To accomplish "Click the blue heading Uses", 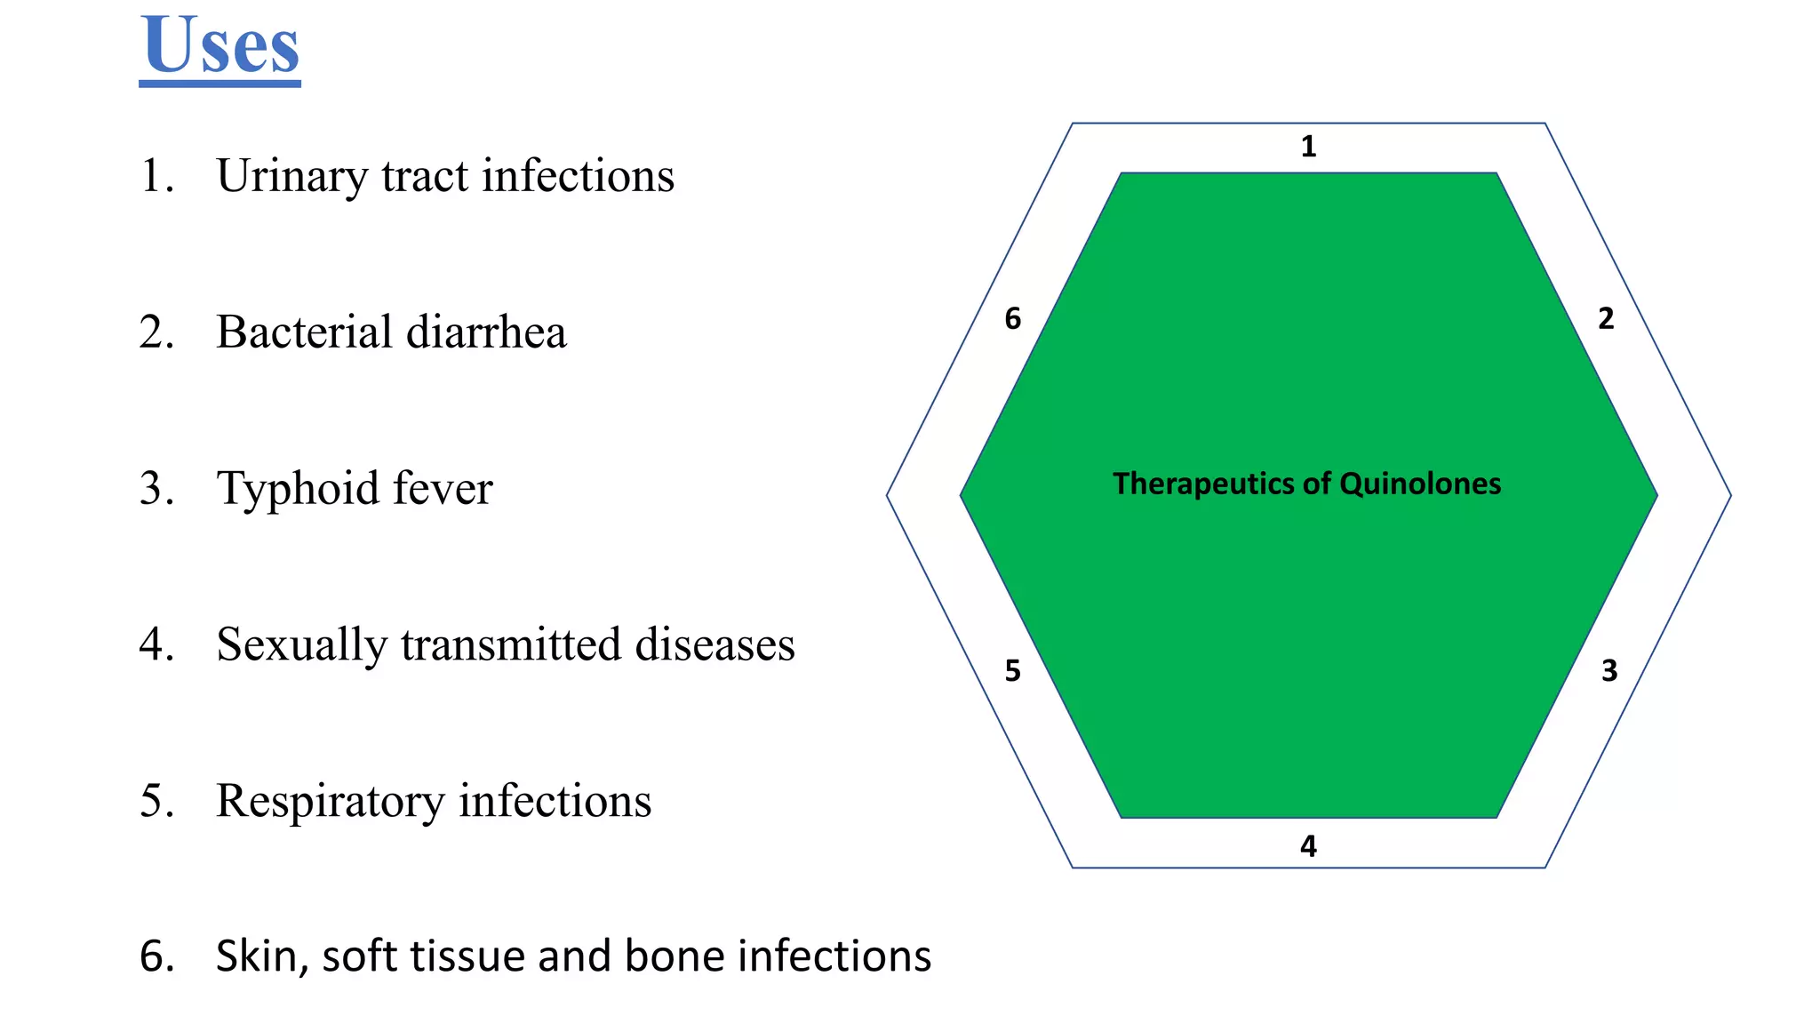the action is pos(220,46).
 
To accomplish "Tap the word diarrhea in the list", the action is pos(485,332).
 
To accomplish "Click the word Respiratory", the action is pos(330,801).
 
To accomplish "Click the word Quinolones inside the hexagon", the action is pos(1419,484).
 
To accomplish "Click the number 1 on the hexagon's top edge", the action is pos(1308,147).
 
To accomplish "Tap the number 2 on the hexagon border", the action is pos(1605,318).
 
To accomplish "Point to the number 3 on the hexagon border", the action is pos(1608,670).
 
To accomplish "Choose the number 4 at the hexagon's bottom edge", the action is pos(1308,845).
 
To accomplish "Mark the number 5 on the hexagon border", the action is pos(1012,670).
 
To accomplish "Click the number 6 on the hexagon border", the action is pos(1012,318).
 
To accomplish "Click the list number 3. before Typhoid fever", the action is pos(156,489).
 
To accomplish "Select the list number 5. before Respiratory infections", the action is pos(156,801).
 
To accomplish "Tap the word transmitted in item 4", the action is pos(510,645).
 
